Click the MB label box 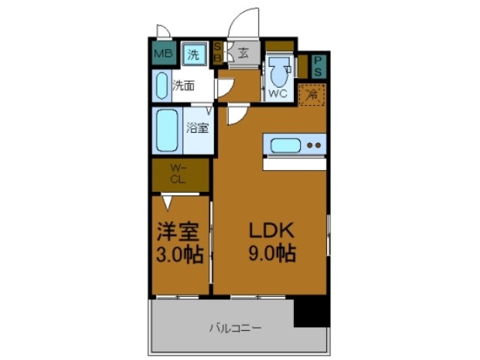[161, 53]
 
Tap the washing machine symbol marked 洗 [193, 53]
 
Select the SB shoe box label [217, 53]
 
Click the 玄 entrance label [244, 52]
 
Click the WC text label [277, 94]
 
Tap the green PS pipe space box [318, 66]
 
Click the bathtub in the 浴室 [166, 130]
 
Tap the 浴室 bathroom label [197, 127]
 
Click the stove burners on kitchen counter [316, 145]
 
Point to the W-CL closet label [178, 173]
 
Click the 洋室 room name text [179, 230]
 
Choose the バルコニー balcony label [235, 328]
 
